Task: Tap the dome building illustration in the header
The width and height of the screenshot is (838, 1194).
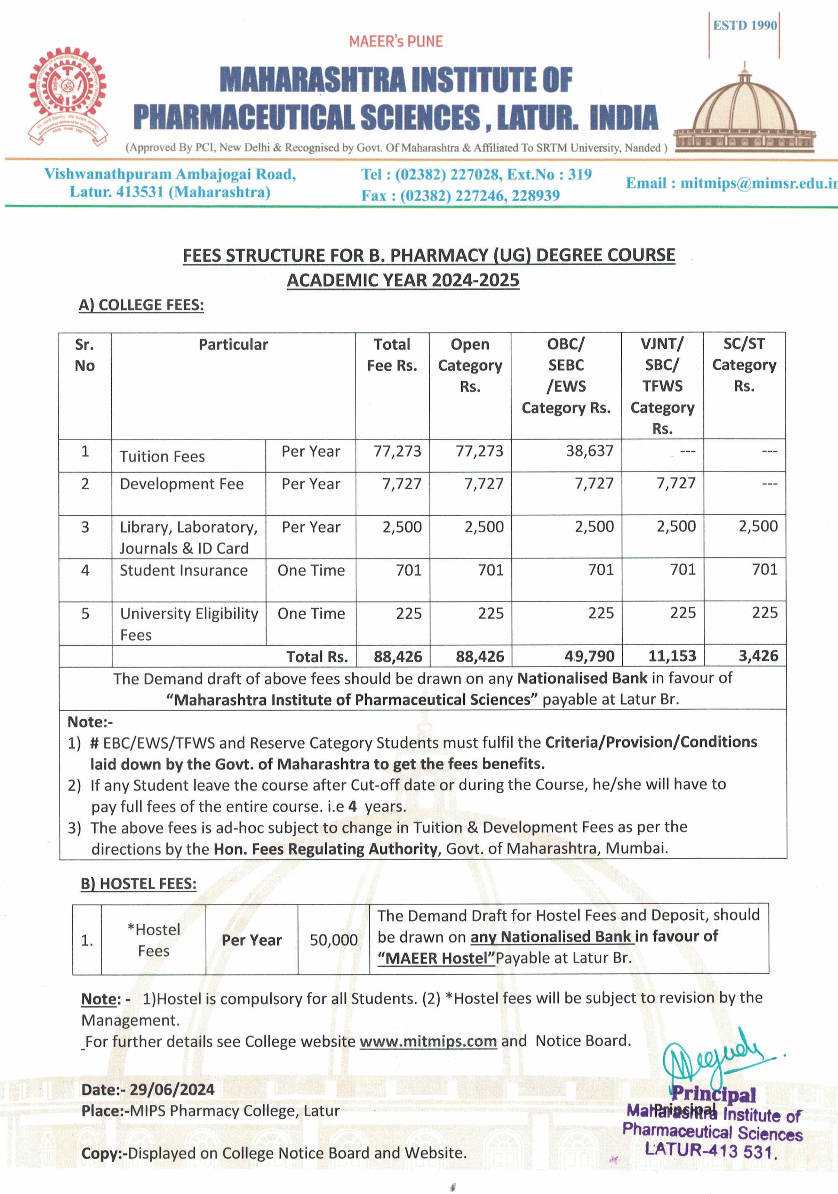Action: click(744, 112)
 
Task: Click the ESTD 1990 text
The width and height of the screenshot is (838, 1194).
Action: click(744, 25)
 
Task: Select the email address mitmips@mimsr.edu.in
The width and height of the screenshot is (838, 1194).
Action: click(731, 183)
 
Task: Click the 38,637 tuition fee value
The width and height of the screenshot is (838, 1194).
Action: click(590, 451)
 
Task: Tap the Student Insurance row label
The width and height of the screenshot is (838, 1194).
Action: click(183, 571)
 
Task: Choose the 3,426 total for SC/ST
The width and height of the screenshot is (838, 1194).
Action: click(758, 656)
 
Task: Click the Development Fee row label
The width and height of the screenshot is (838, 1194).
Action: click(182, 484)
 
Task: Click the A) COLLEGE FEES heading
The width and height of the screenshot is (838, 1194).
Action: click(141, 305)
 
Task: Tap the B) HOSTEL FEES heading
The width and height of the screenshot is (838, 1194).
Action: click(138, 884)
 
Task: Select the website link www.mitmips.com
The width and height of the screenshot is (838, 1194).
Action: click(428, 1041)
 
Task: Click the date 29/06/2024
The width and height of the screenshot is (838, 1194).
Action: click(172, 1089)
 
